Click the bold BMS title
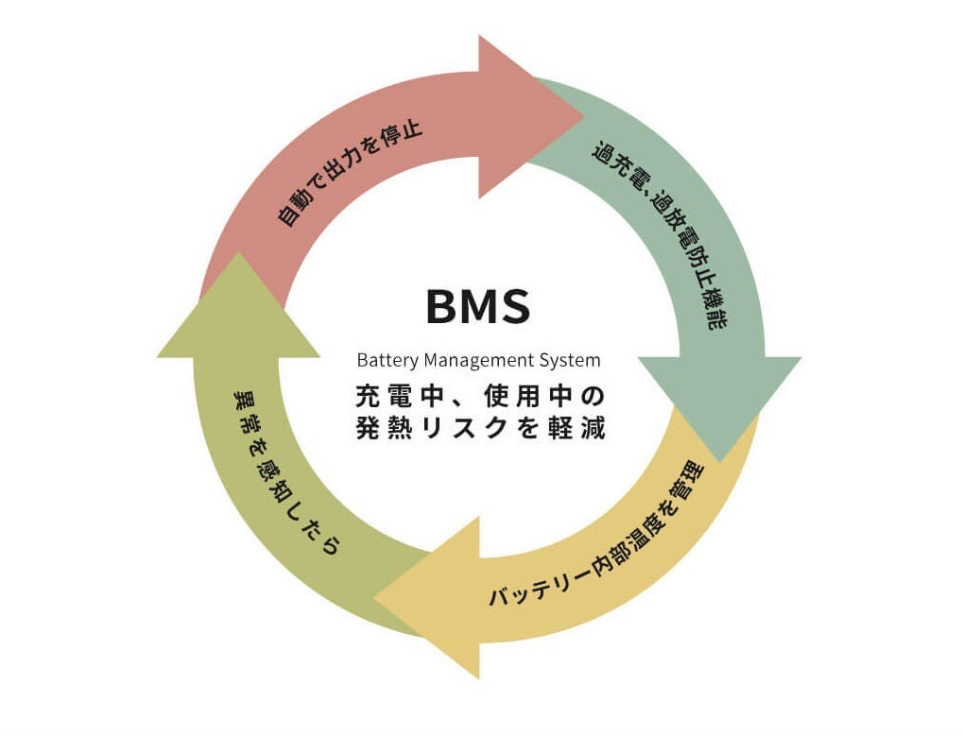[x=478, y=306]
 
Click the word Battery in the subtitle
[x=387, y=360]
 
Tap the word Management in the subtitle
[x=481, y=360]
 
